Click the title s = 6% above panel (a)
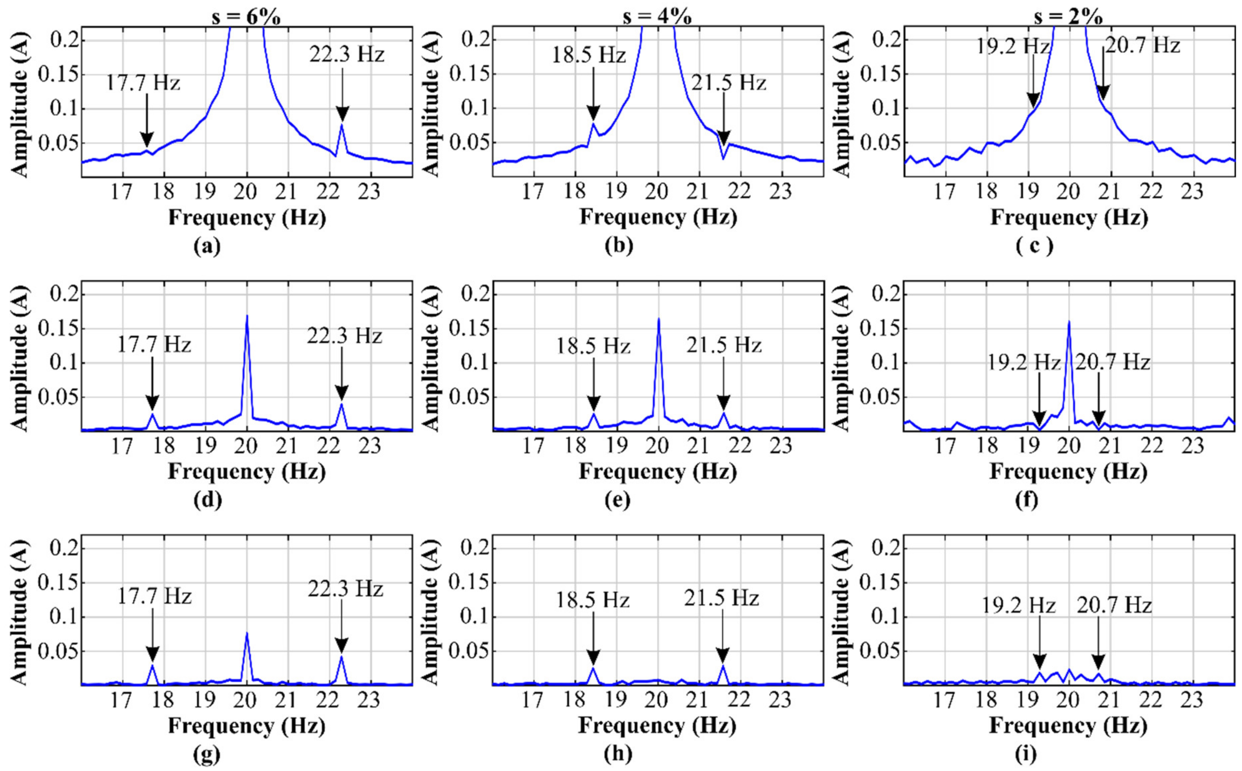click(x=246, y=18)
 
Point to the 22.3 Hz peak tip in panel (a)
click(x=342, y=124)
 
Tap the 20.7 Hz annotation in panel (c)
click(x=1142, y=46)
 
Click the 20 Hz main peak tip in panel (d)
click(x=247, y=316)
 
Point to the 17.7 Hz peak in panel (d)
click(x=152, y=414)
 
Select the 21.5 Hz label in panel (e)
click(x=723, y=345)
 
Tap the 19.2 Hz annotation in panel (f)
click(x=1023, y=362)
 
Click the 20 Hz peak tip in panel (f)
click(x=1069, y=321)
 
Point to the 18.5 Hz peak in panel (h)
click(x=593, y=668)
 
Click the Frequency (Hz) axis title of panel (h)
click(x=657, y=726)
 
